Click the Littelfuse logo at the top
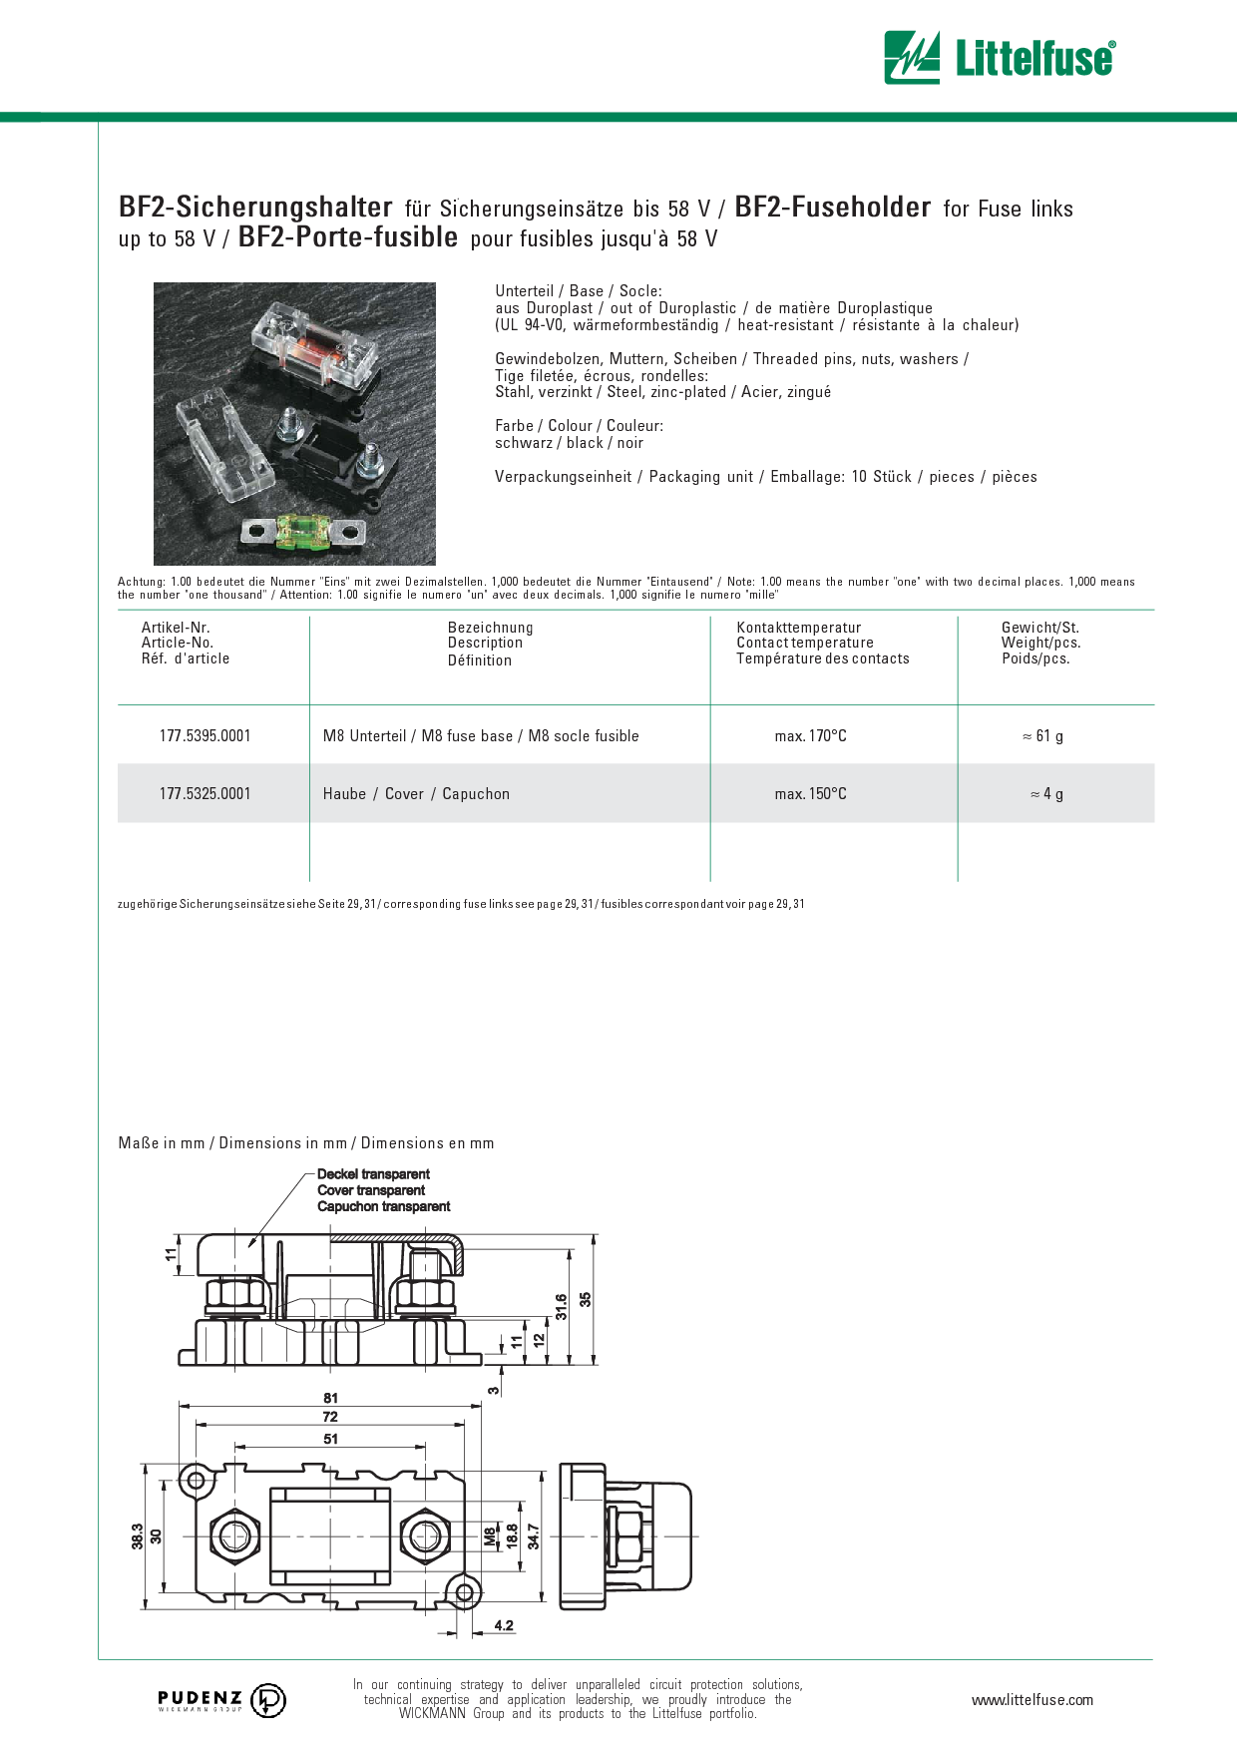coord(1000,57)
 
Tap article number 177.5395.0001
coord(206,736)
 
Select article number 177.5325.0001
coord(206,794)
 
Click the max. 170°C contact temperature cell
coord(811,736)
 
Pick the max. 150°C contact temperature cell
coord(811,794)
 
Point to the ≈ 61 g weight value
coord(1042,736)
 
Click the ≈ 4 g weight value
coord(1046,794)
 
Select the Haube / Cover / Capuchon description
coord(416,794)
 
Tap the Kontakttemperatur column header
coord(799,628)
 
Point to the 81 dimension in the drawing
coord(330,1398)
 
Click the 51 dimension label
coord(330,1439)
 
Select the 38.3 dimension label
coord(138,1536)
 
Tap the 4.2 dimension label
coord(504,1625)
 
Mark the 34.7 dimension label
coord(534,1536)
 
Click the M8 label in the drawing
coord(490,1537)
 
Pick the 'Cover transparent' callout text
coord(371,1190)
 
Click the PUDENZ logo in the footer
coord(221,1700)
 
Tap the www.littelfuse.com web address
coord(1032,1700)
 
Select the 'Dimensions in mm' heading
coord(283,1143)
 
